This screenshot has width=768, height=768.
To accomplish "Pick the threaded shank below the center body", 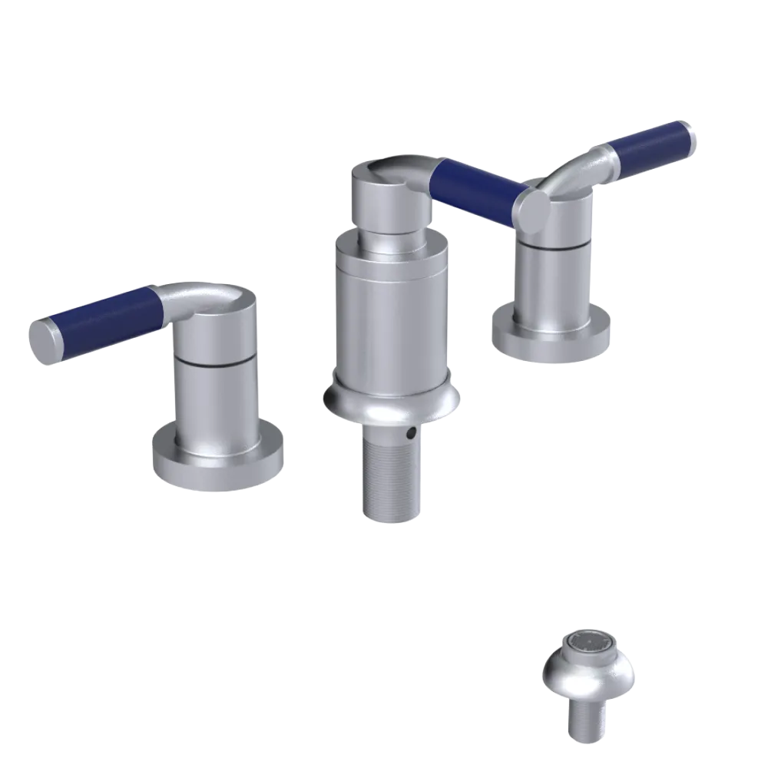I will click(391, 477).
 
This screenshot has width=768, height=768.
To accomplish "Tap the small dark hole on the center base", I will click(412, 434).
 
